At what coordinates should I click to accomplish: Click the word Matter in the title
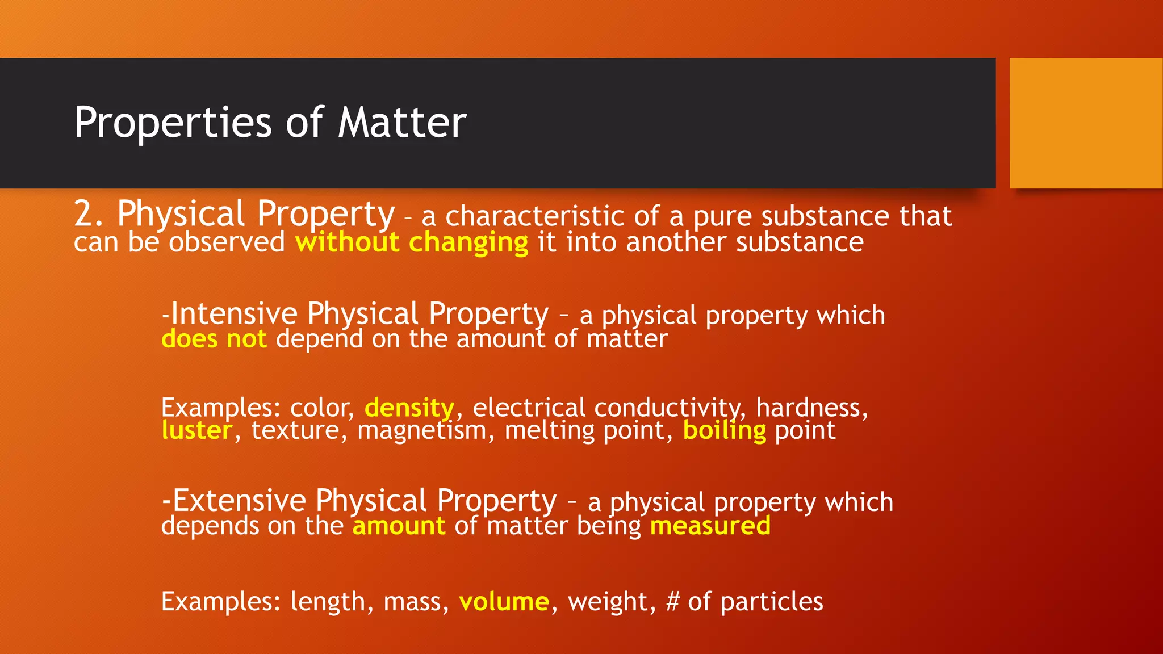point(402,123)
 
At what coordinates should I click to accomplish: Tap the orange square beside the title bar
point(1086,123)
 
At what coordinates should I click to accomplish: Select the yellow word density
point(409,408)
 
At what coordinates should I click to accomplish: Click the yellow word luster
point(196,430)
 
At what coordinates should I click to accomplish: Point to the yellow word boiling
point(724,430)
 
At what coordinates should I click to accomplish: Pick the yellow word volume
point(504,602)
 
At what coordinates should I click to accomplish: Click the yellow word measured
point(710,526)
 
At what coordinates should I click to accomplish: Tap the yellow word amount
point(399,526)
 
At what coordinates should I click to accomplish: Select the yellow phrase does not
point(214,339)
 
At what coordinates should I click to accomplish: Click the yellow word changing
point(468,242)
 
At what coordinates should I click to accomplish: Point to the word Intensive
point(234,313)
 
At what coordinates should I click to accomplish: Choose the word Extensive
point(239,501)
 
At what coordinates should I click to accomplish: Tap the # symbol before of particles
point(672,602)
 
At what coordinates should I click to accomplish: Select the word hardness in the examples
point(811,408)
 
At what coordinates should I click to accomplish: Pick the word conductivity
point(668,408)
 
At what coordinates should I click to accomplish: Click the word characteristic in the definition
point(534,216)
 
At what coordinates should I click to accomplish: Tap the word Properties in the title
point(173,123)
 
